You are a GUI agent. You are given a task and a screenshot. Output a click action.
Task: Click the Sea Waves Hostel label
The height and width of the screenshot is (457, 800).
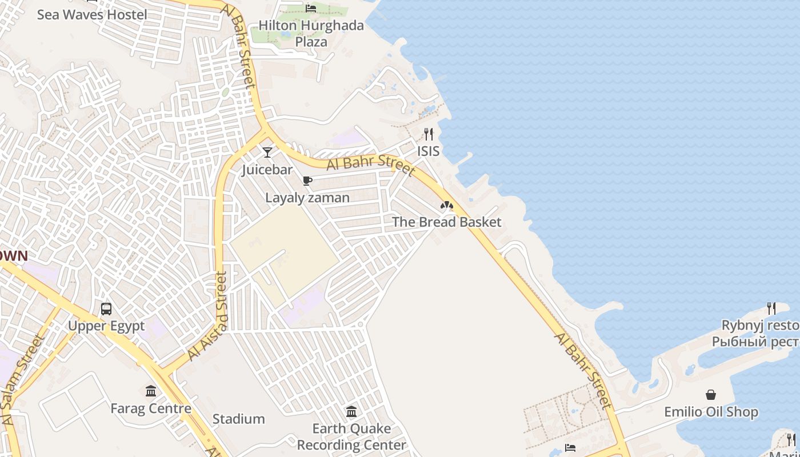click(x=92, y=15)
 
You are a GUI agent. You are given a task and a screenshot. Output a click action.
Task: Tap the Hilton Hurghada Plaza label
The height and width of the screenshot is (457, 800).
click(x=311, y=34)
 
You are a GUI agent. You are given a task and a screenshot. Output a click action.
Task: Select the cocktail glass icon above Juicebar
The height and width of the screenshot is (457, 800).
click(x=267, y=153)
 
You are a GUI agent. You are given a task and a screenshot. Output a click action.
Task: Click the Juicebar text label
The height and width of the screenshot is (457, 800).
click(x=267, y=170)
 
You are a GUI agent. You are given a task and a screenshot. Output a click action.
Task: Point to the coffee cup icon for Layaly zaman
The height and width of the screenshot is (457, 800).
click(x=307, y=181)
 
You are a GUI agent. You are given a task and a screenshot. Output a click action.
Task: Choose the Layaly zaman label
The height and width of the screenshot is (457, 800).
click(x=307, y=198)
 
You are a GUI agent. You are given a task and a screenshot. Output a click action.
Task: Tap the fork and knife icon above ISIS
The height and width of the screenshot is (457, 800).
click(x=429, y=134)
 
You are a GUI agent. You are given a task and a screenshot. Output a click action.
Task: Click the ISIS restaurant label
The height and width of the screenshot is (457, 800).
click(x=429, y=151)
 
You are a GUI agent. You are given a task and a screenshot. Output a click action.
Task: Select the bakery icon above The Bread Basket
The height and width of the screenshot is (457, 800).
click(x=446, y=205)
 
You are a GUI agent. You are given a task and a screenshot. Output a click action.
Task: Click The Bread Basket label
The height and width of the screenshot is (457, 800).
click(x=446, y=222)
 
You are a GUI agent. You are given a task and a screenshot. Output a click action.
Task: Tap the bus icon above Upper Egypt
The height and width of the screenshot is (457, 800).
click(x=106, y=309)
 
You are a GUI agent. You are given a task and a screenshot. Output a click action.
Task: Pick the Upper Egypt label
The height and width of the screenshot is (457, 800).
click(x=106, y=326)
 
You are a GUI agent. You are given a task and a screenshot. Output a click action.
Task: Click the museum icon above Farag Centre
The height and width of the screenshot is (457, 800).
click(x=151, y=391)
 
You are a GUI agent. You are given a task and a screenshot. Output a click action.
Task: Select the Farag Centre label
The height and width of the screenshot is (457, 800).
click(x=151, y=409)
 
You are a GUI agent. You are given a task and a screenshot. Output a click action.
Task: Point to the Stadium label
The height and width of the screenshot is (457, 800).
click(x=239, y=419)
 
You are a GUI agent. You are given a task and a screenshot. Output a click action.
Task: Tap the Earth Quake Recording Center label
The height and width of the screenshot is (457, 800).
click(x=351, y=436)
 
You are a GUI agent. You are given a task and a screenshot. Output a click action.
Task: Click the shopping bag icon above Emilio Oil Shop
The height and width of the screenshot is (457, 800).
click(x=711, y=395)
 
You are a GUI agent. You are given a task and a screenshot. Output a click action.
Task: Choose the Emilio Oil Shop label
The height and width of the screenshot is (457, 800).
click(x=711, y=412)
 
